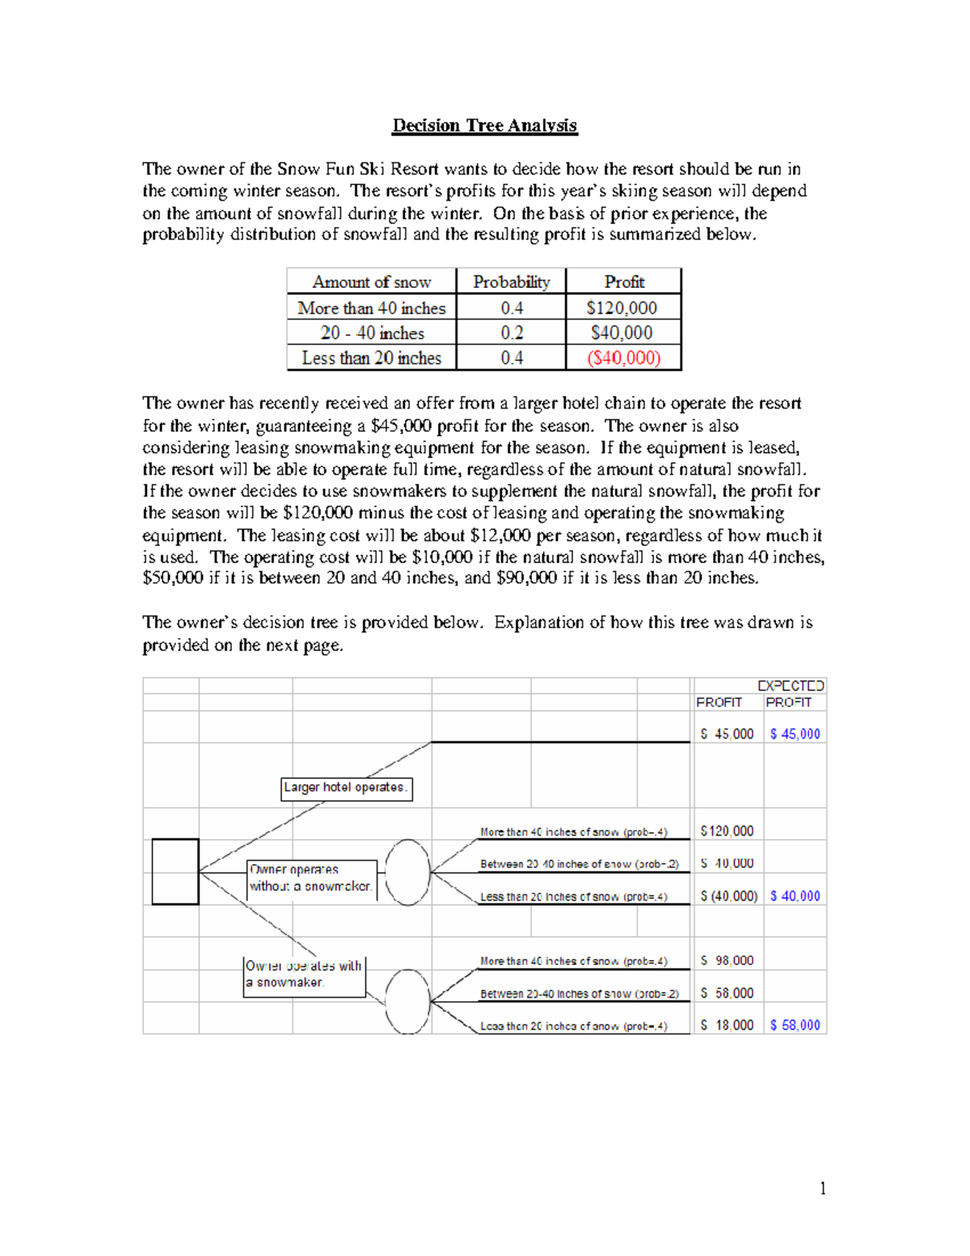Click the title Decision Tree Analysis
point(484,125)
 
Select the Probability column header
point(511,282)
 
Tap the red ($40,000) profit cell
point(623,357)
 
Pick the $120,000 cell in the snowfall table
point(622,308)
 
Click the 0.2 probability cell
point(511,333)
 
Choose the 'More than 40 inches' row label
point(371,308)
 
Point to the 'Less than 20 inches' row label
point(371,357)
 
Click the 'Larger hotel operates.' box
point(346,788)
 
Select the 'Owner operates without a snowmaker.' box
point(311,878)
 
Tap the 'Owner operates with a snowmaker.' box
point(304,975)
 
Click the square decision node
point(175,871)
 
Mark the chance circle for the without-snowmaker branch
point(407,872)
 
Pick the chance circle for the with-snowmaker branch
point(407,1001)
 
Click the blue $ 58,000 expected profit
point(795,1026)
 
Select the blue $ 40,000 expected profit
point(795,896)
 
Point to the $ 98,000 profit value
point(727,961)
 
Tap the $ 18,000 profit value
point(727,1026)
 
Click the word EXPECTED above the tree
point(791,686)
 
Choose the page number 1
point(823,1188)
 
